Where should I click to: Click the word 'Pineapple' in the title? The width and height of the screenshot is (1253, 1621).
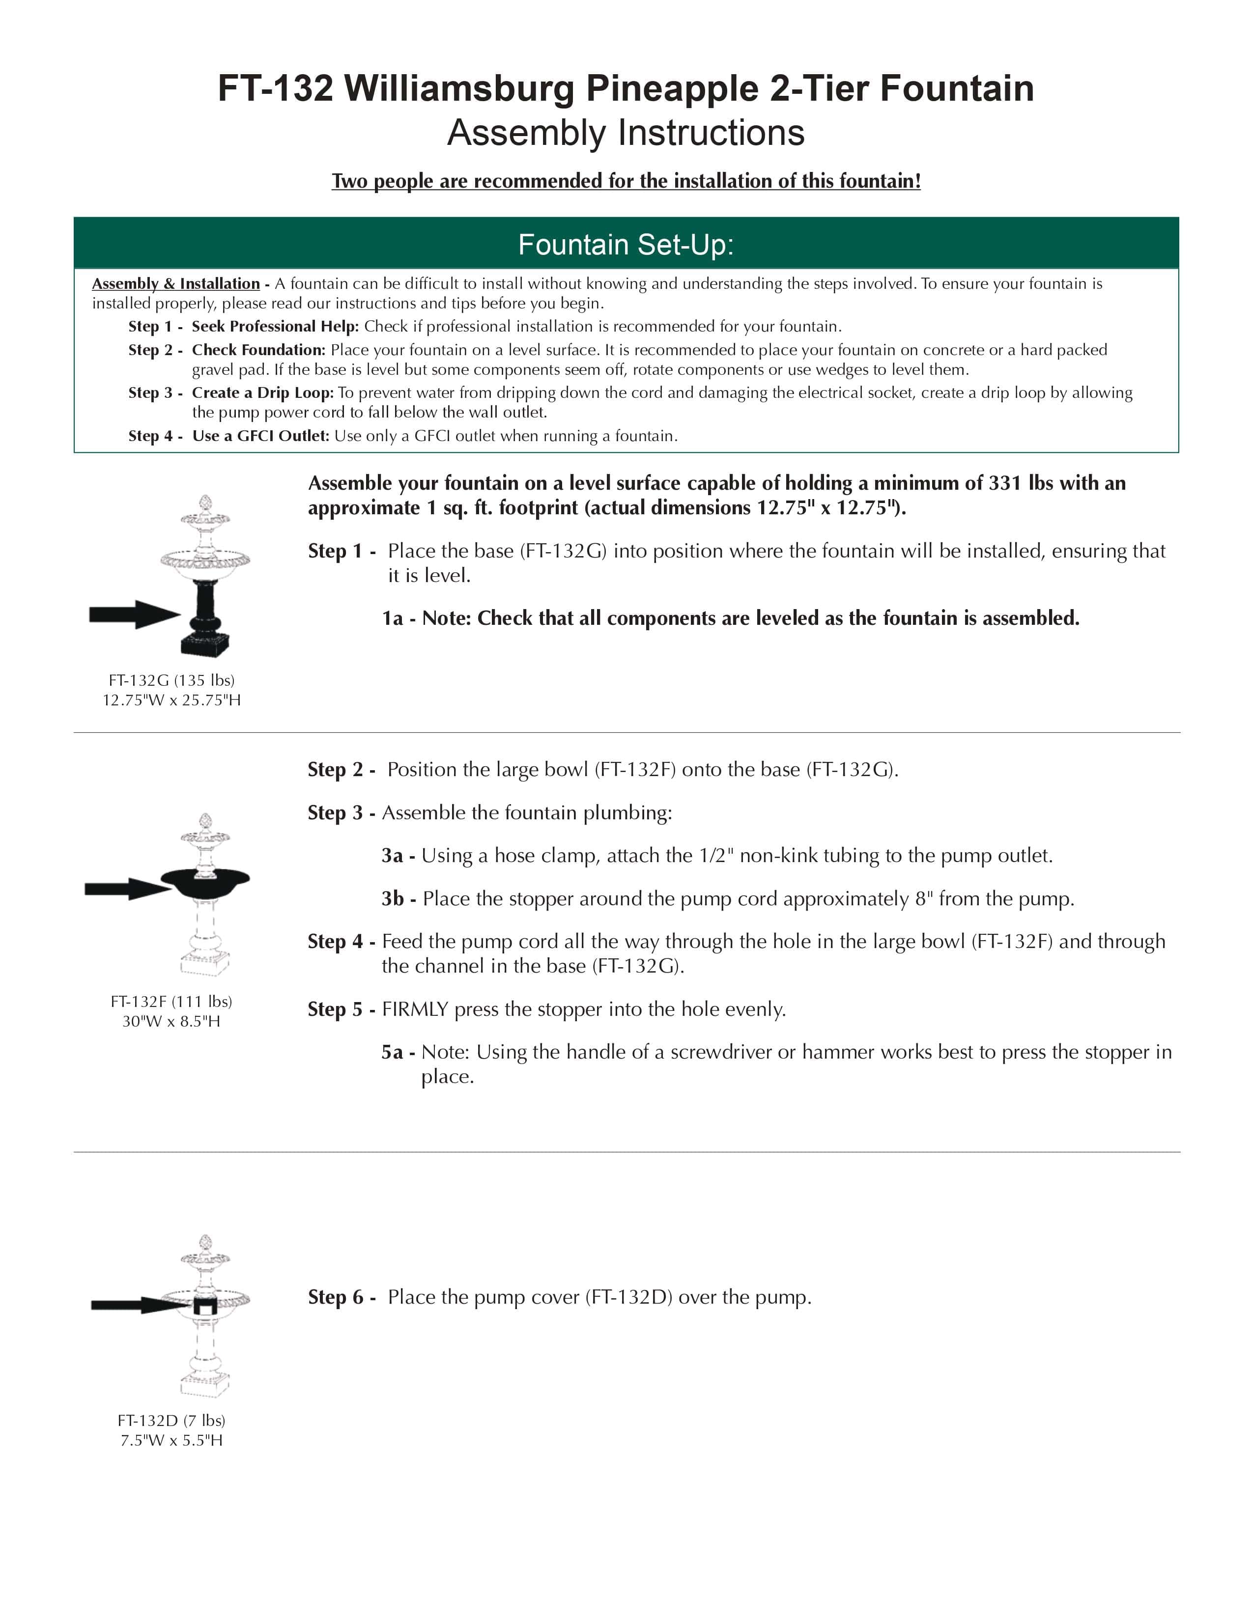(672, 88)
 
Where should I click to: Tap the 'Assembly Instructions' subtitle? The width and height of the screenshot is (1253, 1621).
(626, 133)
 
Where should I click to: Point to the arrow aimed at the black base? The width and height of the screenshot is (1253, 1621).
(134, 614)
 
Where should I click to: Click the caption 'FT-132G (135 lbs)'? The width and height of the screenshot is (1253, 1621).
(171, 680)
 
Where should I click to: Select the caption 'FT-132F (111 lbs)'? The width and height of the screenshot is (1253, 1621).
(171, 1001)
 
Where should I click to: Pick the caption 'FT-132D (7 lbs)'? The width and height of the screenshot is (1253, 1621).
(171, 1420)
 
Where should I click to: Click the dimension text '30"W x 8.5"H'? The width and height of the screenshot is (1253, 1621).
(171, 1021)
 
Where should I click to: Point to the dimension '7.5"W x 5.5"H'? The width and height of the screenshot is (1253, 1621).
(171, 1440)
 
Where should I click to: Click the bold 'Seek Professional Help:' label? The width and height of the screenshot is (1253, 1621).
(275, 327)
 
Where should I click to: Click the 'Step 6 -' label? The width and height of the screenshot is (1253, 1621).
(342, 1297)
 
